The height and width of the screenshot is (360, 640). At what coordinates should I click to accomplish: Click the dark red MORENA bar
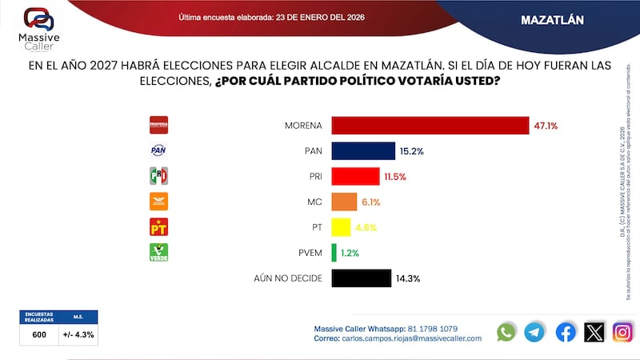[430, 126]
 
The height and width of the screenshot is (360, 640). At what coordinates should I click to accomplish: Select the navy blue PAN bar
[363, 150]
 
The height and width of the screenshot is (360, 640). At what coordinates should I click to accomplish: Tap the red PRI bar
[355, 176]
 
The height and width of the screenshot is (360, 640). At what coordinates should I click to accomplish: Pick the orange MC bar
[344, 202]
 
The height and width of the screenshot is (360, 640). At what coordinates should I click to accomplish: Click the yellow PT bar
[341, 227]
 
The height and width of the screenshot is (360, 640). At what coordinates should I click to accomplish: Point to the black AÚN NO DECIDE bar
[361, 278]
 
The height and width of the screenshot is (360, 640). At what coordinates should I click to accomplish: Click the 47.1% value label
[546, 126]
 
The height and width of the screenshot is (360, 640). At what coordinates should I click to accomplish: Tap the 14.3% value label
[407, 278]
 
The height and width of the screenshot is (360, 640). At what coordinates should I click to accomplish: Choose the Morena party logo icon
[159, 125]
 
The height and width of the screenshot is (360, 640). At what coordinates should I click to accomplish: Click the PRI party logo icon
[159, 176]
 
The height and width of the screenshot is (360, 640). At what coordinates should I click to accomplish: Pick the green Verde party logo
[159, 253]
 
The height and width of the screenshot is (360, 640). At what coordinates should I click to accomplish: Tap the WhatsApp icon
[506, 332]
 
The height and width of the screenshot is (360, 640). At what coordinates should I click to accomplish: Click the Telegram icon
[534, 332]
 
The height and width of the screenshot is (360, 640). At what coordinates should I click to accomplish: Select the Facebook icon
[566, 332]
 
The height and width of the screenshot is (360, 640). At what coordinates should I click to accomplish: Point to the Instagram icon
[623, 332]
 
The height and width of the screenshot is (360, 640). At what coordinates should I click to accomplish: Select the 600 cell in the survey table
[39, 334]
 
